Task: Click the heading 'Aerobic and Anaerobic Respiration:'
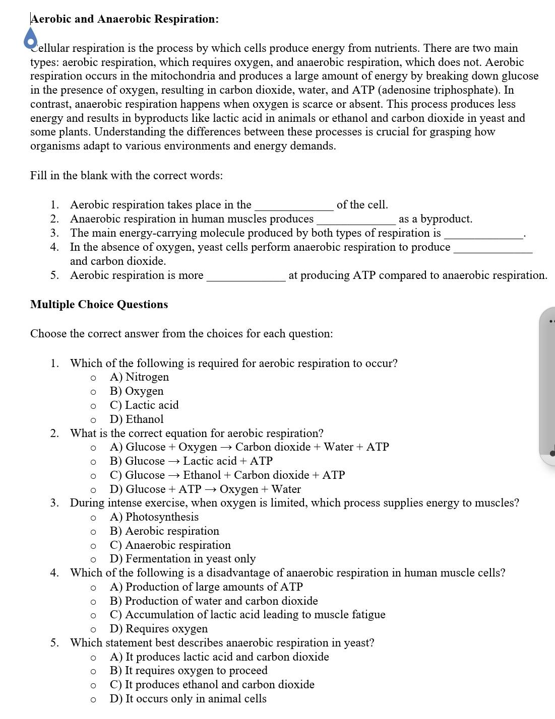pyautogui.click(x=125, y=19)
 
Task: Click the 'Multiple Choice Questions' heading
pyautogui.click(x=99, y=305)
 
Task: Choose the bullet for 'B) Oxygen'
pyautogui.click(x=93, y=392)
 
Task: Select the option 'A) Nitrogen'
pyautogui.click(x=140, y=377)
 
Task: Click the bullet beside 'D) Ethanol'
pyautogui.click(x=93, y=420)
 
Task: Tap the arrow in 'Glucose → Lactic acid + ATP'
pyautogui.click(x=174, y=461)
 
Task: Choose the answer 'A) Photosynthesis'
pyautogui.click(x=154, y=517)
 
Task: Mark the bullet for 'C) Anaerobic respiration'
pyautogui.click(x=93, y=546)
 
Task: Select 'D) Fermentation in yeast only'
pyautogui.click(x=183, y=559)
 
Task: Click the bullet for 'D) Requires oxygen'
pyautogui.click(x=93, y=629)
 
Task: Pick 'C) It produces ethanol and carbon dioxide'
pyautogui.click(x=212, y=685)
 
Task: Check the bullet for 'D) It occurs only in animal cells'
pyautogui.click(x=93, y=699)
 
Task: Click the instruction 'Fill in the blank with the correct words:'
pyautogui.click(x=127, y=176)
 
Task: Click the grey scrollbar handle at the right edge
pyautogui.click(x=547, y=388)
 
